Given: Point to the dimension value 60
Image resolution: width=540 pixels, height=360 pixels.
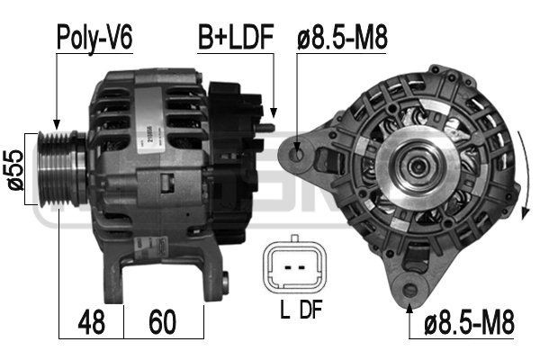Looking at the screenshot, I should pos(162,319).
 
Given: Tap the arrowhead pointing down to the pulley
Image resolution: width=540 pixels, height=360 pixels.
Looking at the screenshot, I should pos(56,125).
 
